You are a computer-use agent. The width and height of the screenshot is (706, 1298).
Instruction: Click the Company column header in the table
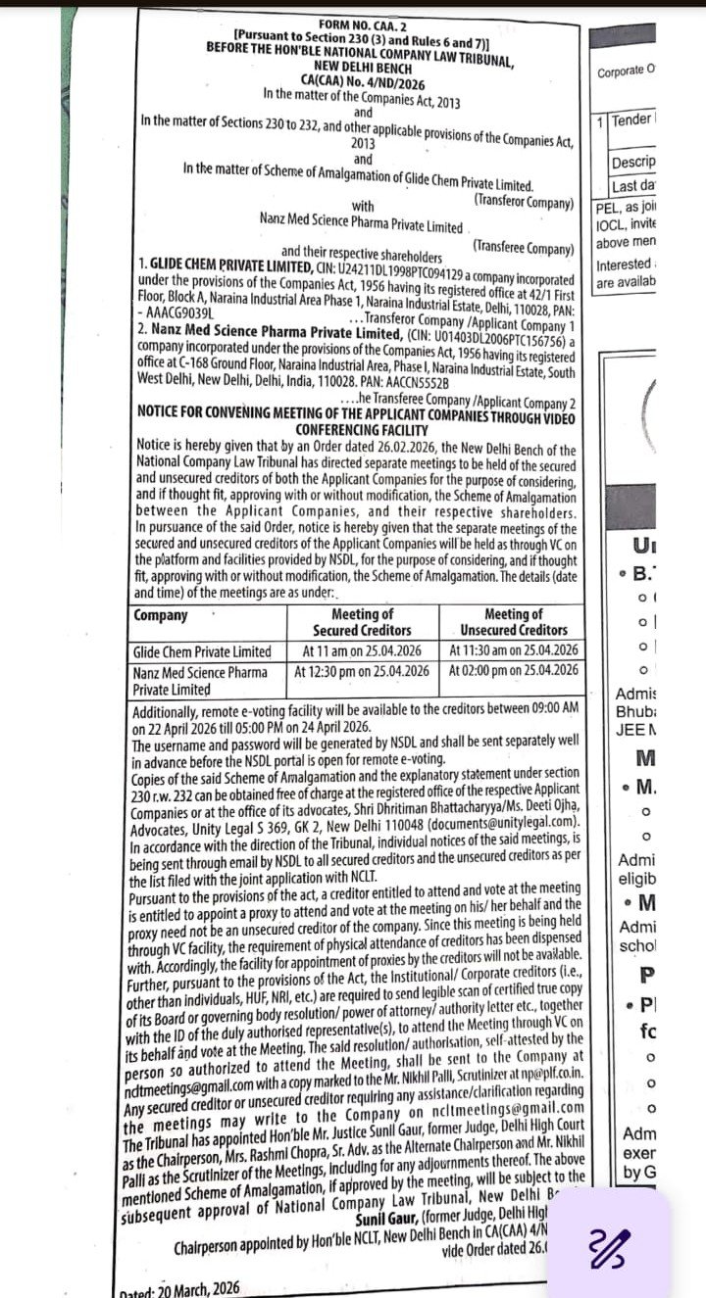click(x=161, y=615)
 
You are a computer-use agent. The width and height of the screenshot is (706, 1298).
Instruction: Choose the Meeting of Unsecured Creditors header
click(x=513, y=622)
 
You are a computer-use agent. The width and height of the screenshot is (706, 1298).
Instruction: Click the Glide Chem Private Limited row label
click(x=202, y=651)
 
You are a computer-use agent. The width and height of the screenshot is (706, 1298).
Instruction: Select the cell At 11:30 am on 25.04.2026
click(x=513, y=650)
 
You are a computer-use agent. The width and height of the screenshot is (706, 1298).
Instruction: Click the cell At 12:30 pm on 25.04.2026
click(x=361, y=672)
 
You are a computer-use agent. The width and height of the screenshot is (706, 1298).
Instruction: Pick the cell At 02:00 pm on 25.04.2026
click(x=513, y=672)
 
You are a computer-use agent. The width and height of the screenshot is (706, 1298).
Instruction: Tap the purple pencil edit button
click(x=609, y=1246)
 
